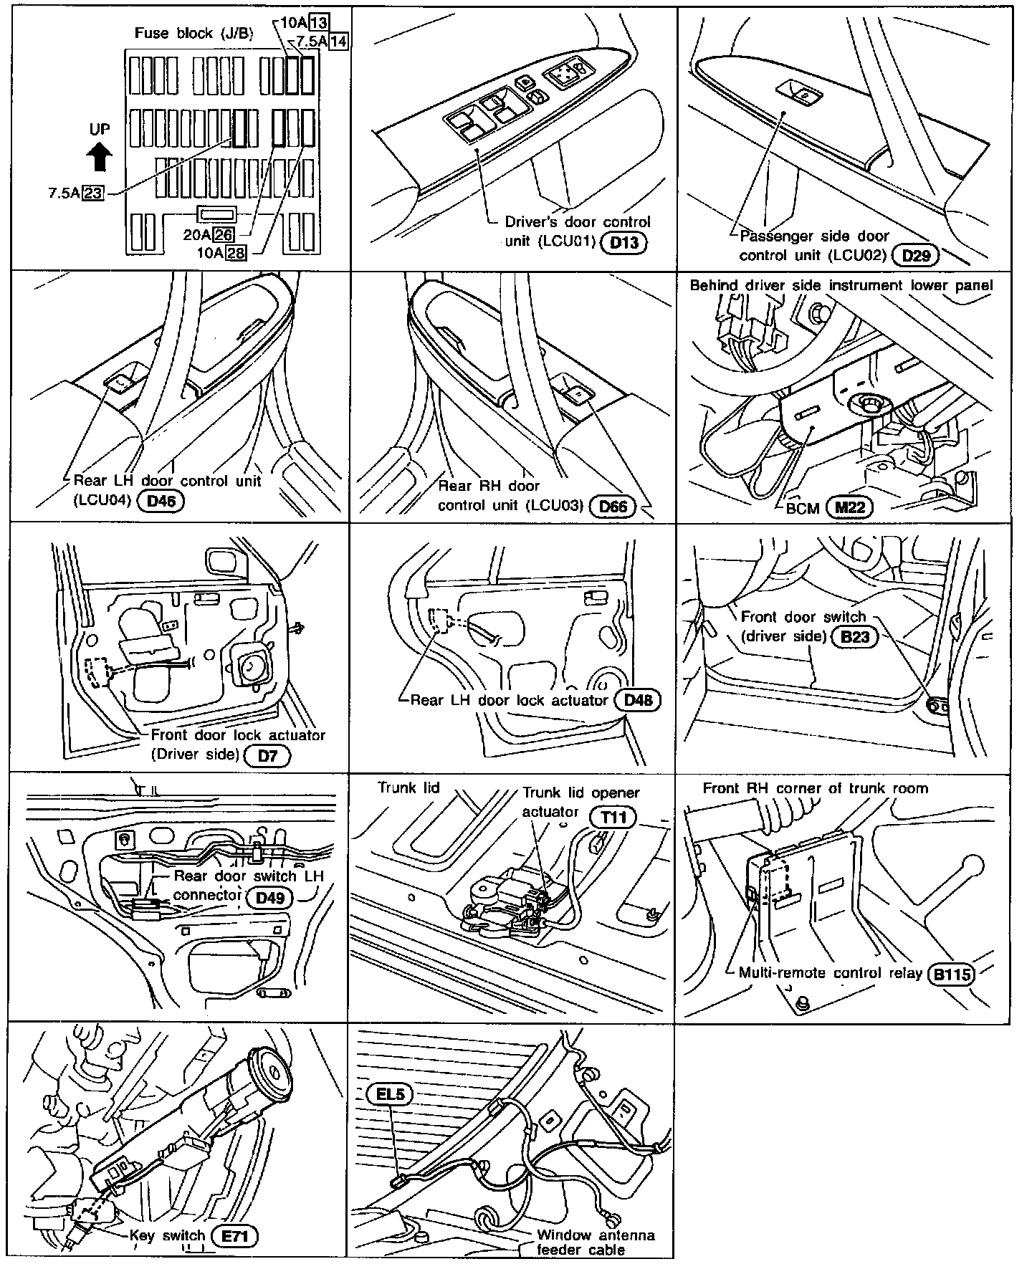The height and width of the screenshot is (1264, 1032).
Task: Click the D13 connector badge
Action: coord(623,242)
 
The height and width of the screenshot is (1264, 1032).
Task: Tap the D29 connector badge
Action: coord(916,255)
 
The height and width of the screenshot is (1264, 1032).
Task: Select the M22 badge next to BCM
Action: coord(850,507)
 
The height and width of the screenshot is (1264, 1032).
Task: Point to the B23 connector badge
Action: coord(855,636)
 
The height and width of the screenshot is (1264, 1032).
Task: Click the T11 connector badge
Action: coord(613,817)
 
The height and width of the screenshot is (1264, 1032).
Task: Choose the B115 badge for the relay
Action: coord(952,975)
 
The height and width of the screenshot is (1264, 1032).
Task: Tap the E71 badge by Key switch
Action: coord(235,1236)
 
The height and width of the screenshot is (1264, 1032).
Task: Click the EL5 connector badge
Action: coord(390,1095)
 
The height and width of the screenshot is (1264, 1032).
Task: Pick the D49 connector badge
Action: coord(269,896)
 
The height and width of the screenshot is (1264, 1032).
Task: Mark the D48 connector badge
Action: coord(638,699)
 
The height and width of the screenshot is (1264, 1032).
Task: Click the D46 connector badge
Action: coord(161,501)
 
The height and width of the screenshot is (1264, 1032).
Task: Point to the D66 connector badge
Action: coord(613,507)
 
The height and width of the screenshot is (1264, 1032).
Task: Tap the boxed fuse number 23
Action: coord(93,192)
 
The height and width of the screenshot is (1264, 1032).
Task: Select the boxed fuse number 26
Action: coord(224,234)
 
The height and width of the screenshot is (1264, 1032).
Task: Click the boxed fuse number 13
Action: coord(319,23)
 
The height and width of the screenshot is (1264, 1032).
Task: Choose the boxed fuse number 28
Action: coord(235,252)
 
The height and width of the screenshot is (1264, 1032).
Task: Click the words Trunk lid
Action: coord(408,787)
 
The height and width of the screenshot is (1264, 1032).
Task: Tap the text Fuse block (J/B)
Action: coord(193,34)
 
